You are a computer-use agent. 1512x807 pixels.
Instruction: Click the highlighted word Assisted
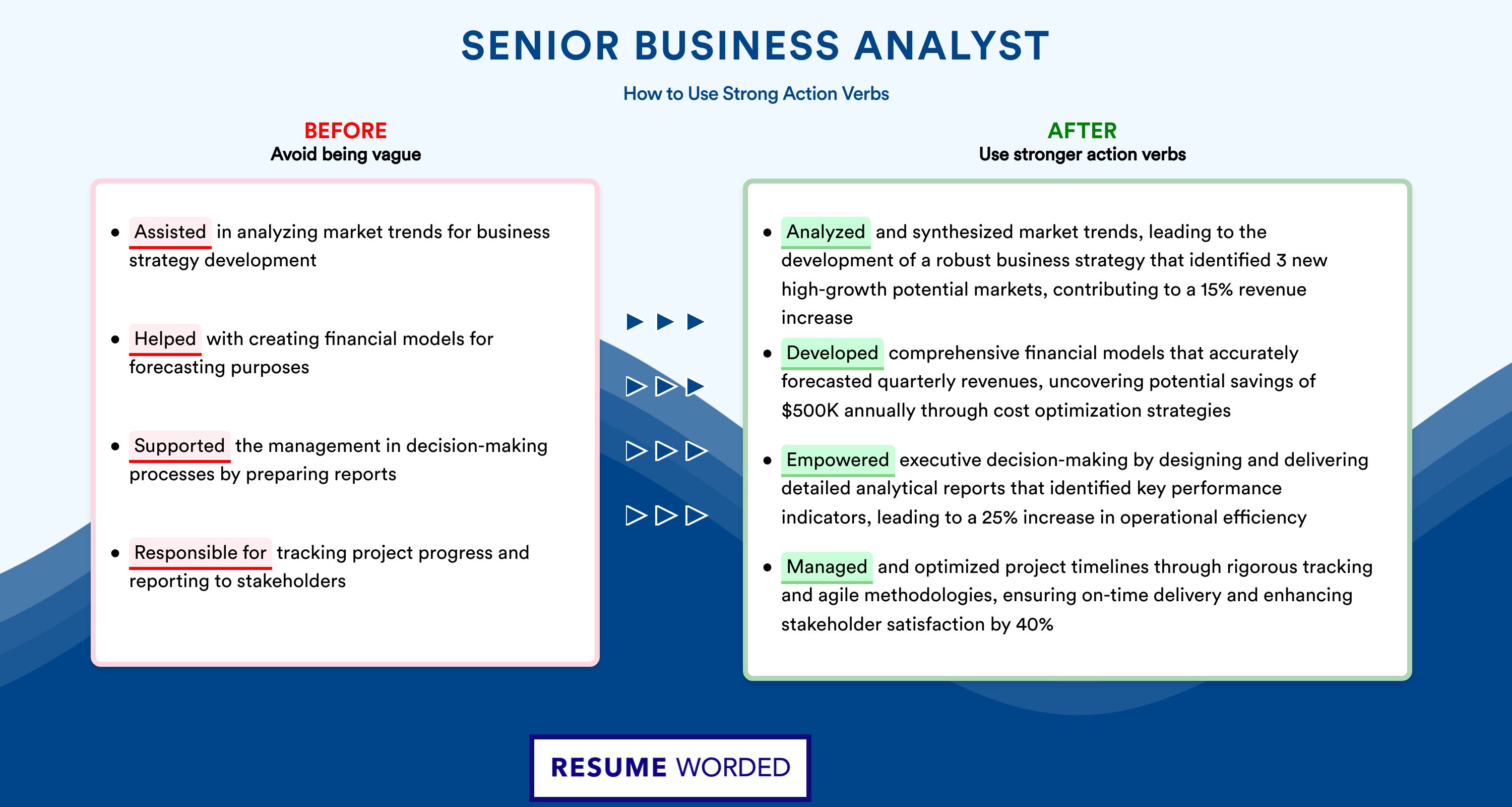[170, 232]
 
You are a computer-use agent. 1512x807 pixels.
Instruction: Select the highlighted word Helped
[165, 339]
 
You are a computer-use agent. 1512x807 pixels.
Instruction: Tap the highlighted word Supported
[179, 446]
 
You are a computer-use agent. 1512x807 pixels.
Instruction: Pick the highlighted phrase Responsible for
[200, 553]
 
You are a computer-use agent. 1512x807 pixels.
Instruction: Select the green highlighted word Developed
[832, 353]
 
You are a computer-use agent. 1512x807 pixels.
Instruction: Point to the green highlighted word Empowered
[838, 460]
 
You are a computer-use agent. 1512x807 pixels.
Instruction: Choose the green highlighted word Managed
[827, 567]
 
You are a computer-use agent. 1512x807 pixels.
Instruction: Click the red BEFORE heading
[346, 131]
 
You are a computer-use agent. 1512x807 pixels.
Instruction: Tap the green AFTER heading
[1083, 131]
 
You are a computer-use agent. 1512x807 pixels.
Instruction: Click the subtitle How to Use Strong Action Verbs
[756, 93]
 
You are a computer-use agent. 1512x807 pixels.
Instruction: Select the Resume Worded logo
[670, 768]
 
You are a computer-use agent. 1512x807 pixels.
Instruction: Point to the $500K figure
[810, 410]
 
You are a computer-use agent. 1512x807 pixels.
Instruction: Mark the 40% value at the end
[1034, 624]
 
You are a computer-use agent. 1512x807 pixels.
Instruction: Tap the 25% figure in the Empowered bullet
[999, 517]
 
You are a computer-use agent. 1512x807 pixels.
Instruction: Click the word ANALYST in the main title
[952, 45]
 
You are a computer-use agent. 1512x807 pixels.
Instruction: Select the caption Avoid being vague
[346, 154]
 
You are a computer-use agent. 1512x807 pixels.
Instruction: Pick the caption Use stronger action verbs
[1083, 154]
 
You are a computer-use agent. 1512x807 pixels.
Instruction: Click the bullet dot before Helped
[115, 339]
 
